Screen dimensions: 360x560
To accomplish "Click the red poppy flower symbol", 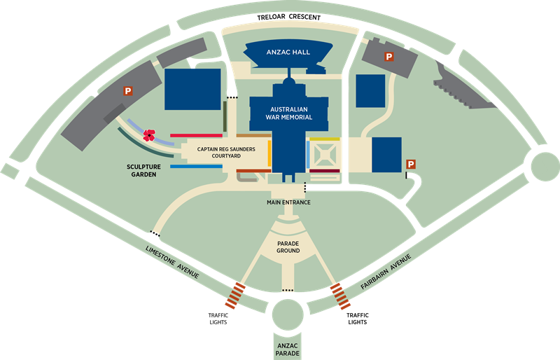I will pyautogui.click(x=148, y=135).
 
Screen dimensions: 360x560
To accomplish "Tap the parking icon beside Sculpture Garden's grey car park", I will pyautogui.click(x=128, y=90).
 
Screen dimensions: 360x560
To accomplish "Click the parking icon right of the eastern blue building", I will pyautogui.click(x=411, y=164).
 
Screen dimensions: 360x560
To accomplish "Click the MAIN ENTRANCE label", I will pyautogui.click(x=288, y=202).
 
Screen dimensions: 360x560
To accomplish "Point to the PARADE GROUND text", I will pyautogui.click(x=288, y=246).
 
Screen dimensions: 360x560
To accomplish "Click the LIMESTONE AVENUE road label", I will pyautogui.click(x=172, y=262).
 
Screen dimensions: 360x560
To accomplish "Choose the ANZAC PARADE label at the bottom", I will pyautogui.click(x=287, y=349).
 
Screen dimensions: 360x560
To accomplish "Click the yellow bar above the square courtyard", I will pyautogui.click(x=324, y=139).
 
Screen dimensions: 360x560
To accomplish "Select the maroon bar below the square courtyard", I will pyautogui.click(x=324, y=171).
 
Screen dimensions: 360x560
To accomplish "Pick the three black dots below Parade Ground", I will pyautogui.click(x=287, y=290).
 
